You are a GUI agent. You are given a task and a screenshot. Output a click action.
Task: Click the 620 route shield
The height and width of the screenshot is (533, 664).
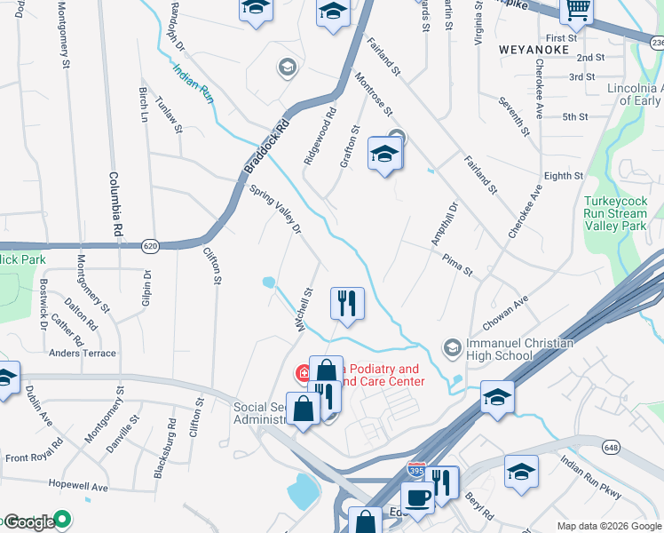click(149, 243)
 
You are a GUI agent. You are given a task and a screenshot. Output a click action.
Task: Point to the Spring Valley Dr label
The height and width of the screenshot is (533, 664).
click(277, 210)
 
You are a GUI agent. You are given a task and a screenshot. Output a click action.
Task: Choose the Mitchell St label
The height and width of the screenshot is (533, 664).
click(306, 308)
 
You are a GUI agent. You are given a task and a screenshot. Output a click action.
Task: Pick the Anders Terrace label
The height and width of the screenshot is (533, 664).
click(83, 353)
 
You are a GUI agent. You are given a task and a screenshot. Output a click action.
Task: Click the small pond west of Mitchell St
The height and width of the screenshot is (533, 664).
click(268, 282)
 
